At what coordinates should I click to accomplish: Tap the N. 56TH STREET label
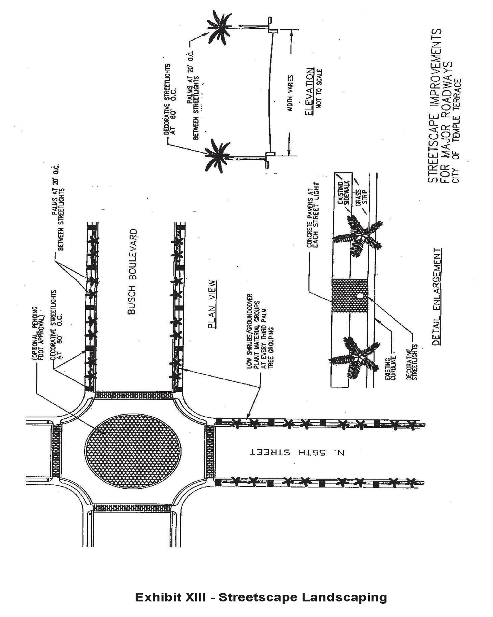pyautogui.click(x=298, y=452)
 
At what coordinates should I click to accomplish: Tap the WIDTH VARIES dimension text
pyautogui.click(x=290, y=93)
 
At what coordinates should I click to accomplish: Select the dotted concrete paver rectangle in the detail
pyautogui.click(x=349, y=296)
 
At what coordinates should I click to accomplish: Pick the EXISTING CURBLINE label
pyautogui.click(x=390, y=369)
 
